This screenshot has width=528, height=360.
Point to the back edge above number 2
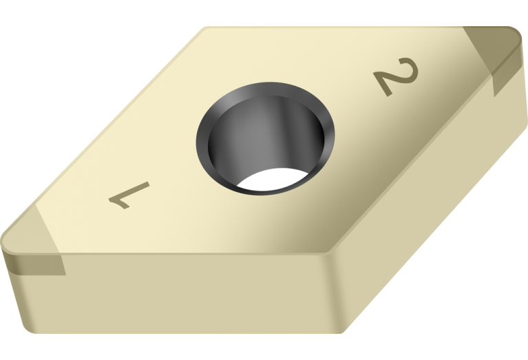point(344,28)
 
